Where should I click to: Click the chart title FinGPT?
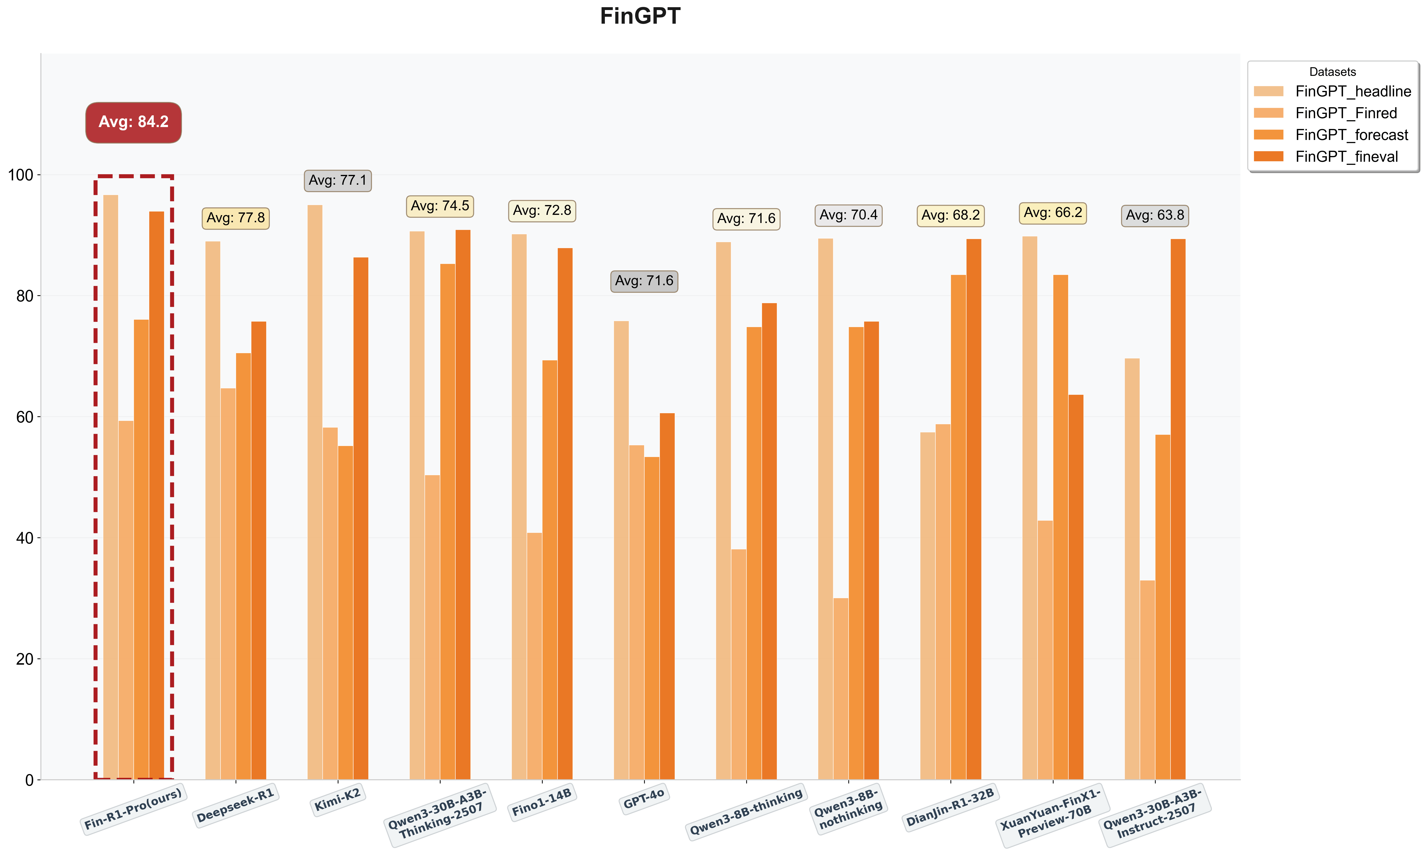click(640, 16)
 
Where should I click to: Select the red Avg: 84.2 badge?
click(134, 122)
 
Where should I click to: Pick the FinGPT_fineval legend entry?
click(1346, 157)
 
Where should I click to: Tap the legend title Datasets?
click(1332, 72)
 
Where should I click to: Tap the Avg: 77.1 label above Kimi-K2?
click(337, 180)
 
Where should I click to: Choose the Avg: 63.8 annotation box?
click(1155, 215)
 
